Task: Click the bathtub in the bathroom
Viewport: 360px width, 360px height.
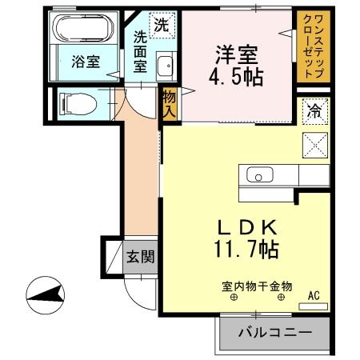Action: pyautogui.click(x=83, y=28)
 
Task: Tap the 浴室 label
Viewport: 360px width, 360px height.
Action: pyautogui.click(x=86, y=62)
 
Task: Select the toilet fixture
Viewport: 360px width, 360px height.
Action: pyautogui.click(x=78, y=104)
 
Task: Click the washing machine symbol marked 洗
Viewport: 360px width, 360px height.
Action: pyautogui.click(x=162, y=26)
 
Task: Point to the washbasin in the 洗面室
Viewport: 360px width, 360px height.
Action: pyautogui.click(x=166, y=66)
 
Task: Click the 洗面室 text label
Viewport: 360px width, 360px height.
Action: pyautogui.click(x=140, y=51)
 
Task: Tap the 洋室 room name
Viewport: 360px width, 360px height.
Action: pyautogui.click(x=237, y=55)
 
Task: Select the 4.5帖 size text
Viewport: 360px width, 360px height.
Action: pyautogui.click(x=236, y=77)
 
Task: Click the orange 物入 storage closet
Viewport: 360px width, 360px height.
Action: pyautogui.click(x=170, y=104)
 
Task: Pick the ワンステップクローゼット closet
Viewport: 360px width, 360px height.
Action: pyautogui.click(x=314, y=46)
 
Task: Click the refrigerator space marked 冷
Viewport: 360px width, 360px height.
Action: pyautogui.click(x=315, y=111)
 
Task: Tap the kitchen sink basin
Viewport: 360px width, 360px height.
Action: pyautogui.click(x=259, y=175)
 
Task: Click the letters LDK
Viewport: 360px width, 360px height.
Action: pyautogui.click(x=247, y=228)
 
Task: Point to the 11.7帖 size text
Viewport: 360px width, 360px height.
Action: pyautogui.click(x=246, y=250)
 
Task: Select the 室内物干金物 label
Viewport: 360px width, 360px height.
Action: pyautogui.click(x=257, y=286)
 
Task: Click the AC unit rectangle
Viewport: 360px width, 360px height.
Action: pyautogui.click(x=313, y=306)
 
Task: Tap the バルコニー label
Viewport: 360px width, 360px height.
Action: pyautogui.click(x=275, y=333)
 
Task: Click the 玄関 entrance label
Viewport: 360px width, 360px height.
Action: pyautogui.click(x=141, y=257)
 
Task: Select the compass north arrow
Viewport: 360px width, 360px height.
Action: pyautogui.click(x=46, y=295)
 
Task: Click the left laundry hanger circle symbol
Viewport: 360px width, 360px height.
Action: pyautogui.click(x=234, y=298)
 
